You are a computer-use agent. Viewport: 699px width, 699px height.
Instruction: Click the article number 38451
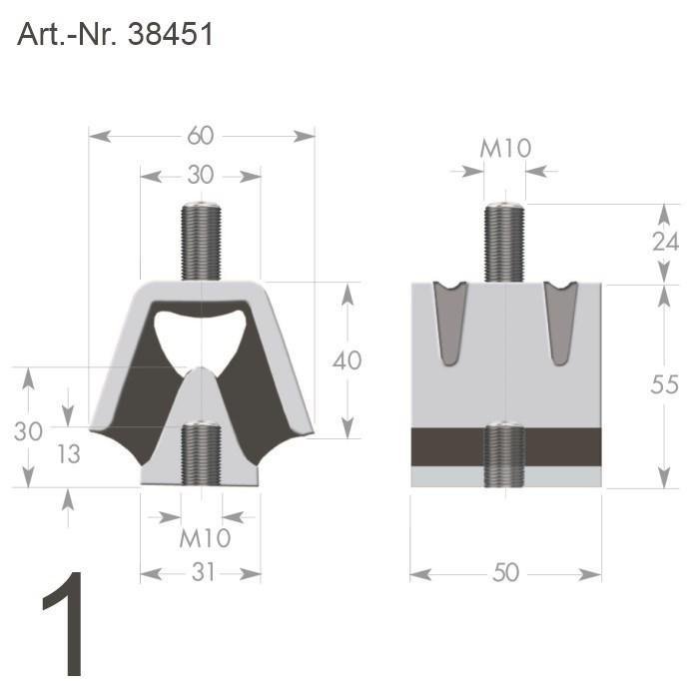coord(171,35)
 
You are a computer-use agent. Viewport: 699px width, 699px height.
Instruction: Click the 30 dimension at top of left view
coord(201,175)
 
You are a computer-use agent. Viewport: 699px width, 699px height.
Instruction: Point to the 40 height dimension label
coord(347,360)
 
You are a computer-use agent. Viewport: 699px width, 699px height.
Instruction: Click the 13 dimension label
coord(68,453)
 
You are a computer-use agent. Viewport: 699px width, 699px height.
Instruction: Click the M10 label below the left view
coord(205,539)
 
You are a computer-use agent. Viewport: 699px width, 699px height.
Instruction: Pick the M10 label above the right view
coord(505,149)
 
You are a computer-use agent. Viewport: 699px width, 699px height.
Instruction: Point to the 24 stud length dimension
coord(665,242)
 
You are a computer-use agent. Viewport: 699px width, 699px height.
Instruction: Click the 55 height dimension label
coord(664,384)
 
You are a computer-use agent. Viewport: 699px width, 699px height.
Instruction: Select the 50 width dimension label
coord(505,573)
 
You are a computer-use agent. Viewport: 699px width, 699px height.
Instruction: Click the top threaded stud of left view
coord(201,240)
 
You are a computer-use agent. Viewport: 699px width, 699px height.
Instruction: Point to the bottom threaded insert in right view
coord(505,454)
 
